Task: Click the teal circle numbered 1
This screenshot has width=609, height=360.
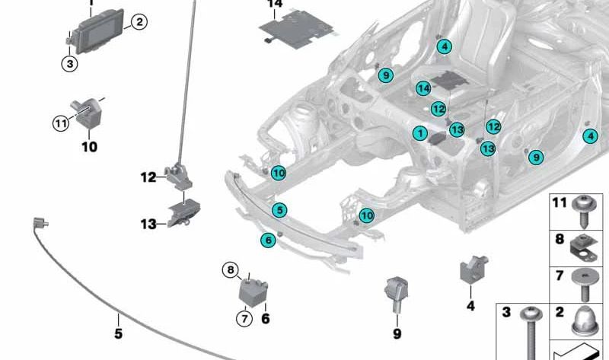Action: pos(419,133)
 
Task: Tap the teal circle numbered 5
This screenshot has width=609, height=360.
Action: pos(280,209)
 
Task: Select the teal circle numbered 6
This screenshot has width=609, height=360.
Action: pos(267,240)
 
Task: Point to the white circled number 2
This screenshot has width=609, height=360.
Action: pos(138,22)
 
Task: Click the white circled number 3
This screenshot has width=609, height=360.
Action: pos(70,65)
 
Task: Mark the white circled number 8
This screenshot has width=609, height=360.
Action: pos(230,269)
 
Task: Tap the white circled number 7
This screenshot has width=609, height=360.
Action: pos(244,318)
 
